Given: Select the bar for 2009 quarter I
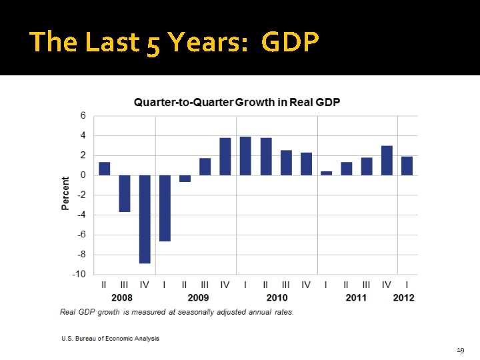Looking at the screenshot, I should point(165,208).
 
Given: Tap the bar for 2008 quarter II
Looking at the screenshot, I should point(105,169).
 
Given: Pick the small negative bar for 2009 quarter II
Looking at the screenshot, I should point(185,178).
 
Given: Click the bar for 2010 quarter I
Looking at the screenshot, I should point(245,156).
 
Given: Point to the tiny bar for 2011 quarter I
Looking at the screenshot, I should point(326,173).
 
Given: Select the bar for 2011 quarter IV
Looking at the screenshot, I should point(387,161).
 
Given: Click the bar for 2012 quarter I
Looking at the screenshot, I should point(407,166).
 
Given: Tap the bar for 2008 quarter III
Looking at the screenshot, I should point(125,193).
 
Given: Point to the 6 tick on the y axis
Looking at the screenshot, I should point(83,115).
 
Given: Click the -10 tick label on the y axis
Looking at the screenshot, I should point(79,274).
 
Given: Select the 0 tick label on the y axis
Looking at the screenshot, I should point(83,175).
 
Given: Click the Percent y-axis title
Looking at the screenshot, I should point(65,194).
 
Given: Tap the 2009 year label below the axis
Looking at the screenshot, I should point(198,297).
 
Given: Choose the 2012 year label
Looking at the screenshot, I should point(403,297).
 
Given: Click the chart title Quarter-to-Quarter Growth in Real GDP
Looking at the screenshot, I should point(237,102).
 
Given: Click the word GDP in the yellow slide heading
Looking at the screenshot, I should point(290,42).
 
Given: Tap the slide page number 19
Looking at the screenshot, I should point(460,349).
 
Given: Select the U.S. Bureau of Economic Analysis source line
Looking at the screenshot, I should point(110,339).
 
